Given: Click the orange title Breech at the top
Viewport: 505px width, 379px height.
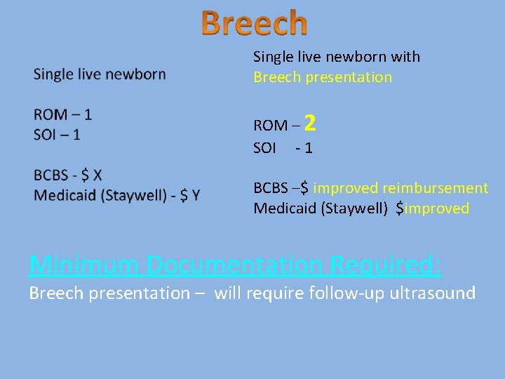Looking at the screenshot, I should tap(254, 22).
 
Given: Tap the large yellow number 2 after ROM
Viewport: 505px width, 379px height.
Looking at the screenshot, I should tap(311, 124).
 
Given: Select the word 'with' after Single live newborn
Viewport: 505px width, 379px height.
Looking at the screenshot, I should tap(406, 57).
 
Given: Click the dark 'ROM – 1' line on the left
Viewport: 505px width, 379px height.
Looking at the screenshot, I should tap(62, 114).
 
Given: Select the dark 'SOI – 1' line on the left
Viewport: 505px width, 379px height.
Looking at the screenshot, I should tap(57, 134).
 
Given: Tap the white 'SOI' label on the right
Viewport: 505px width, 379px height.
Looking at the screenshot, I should tap(265, 148).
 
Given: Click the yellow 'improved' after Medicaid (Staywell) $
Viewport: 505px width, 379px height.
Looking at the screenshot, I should tap(437, 208).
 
